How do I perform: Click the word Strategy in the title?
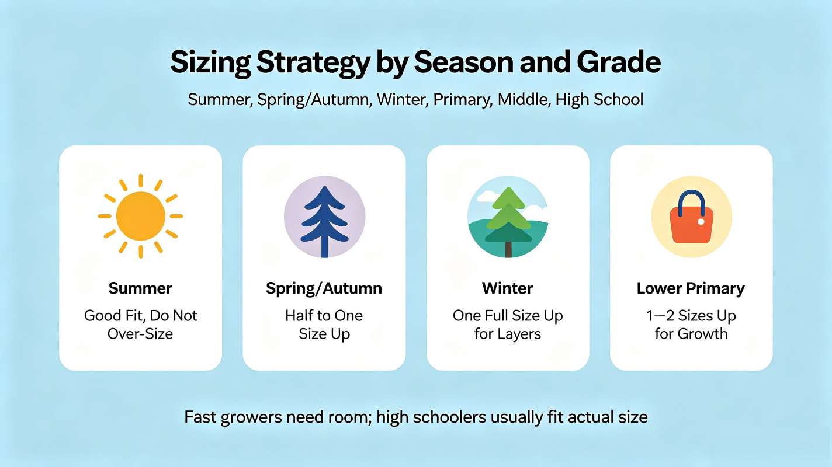[313, 63]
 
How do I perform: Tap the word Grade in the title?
[619, 62]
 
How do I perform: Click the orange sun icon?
[140, 216]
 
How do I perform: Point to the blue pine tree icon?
[325, 221]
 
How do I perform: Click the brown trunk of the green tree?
[508, 249]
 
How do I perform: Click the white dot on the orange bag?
[701, 222]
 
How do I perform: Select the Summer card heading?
[140, 288]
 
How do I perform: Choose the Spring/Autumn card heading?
[324, 289]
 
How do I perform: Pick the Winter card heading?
[508, 288]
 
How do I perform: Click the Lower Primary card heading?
[691, 289]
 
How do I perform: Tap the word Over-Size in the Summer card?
[140, 334]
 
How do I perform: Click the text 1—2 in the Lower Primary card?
[660, 316]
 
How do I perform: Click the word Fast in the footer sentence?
[200, 417]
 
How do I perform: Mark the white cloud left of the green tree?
[487, 196]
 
